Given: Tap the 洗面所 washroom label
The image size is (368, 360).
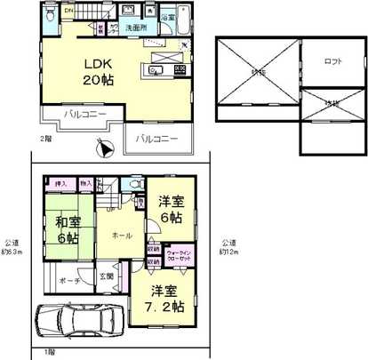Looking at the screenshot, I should tap(135, 28).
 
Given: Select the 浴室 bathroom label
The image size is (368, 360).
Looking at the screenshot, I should tap(168, 17).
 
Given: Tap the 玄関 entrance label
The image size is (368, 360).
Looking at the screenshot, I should tap(107, 276).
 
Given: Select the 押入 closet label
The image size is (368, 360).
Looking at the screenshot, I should tap(60, 184).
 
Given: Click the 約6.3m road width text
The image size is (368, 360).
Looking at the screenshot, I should tap(12, 247).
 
